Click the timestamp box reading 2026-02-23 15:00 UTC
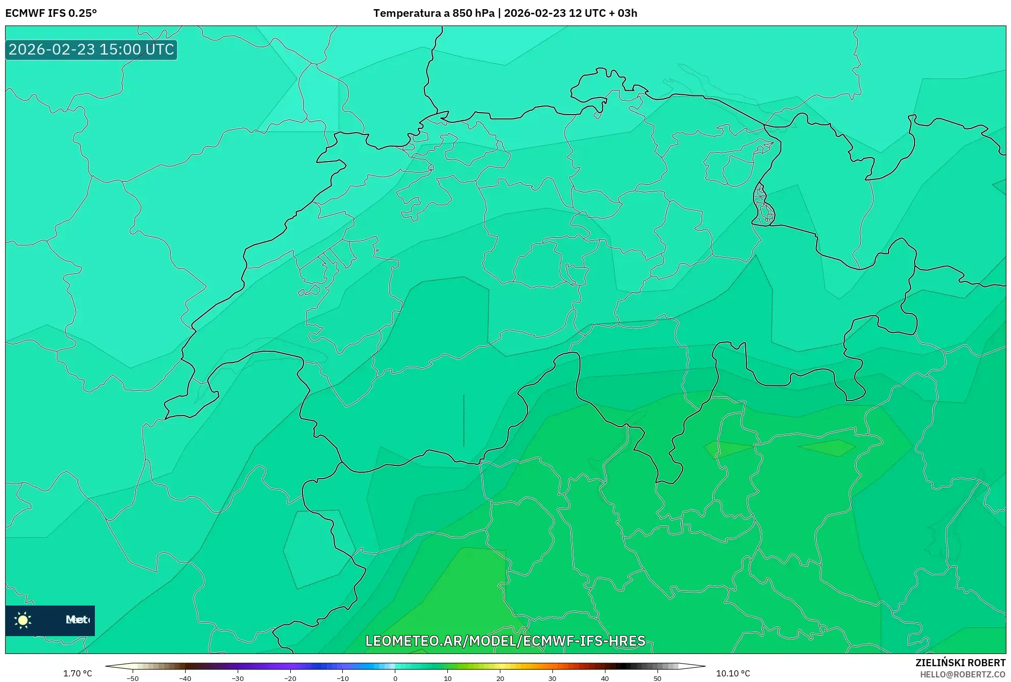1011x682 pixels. coord(91,49)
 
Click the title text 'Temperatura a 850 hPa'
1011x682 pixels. coord(434,13)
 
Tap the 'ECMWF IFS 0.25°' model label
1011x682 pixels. coord(51,13)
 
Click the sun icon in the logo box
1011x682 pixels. coord(23,620)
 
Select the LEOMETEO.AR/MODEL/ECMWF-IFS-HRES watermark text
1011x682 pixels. coord(505,641)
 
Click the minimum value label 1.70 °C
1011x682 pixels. coord(78,674)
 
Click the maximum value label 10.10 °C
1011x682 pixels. coord(732,674)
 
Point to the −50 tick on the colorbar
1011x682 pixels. coord(133,678)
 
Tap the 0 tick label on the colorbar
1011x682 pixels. coord(395,678)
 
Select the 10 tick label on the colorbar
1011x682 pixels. coord(447,678)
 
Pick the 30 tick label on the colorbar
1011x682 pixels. coord(552,678)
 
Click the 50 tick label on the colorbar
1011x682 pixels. coord(657,678)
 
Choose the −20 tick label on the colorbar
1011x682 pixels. coord(290,678)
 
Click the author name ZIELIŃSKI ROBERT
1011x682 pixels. coord(960,663)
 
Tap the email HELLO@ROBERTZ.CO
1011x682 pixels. coord(963,674)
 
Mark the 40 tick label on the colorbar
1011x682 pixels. coord(604,678)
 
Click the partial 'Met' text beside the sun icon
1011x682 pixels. coord(77,620)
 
